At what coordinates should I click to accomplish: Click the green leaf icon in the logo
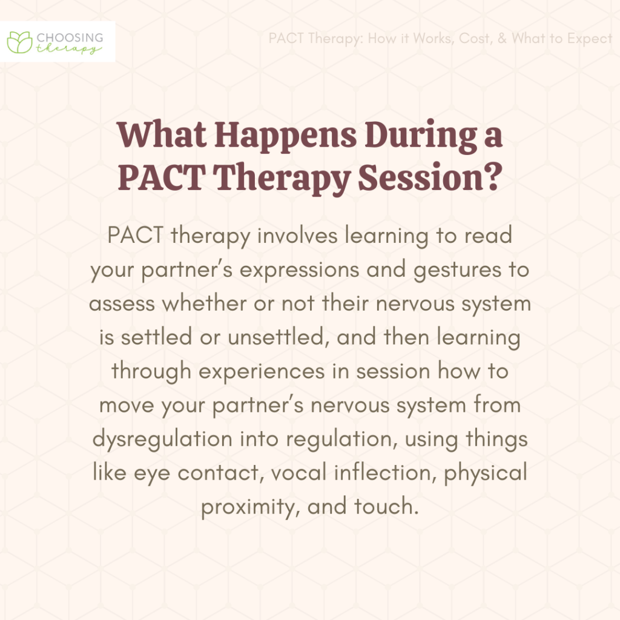(19, 41)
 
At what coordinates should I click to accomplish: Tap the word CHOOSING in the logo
(70, 36)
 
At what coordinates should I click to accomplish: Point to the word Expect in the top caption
(590, 39)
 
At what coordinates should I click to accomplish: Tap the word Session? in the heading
(435, 177)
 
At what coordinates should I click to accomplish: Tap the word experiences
(245, 371)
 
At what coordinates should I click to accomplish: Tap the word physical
(486, 472)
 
